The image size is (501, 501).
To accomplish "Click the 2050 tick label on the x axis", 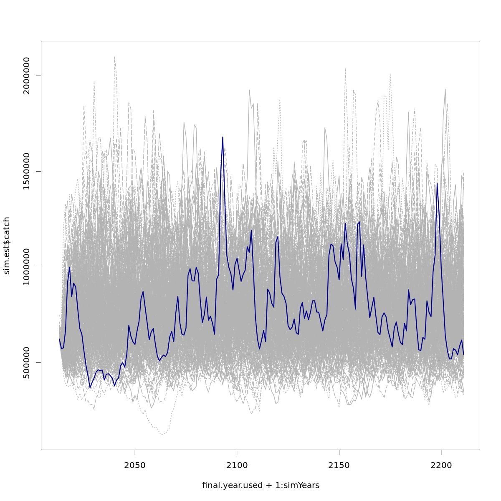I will point(135,465).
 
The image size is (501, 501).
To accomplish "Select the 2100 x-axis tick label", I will point(237,465).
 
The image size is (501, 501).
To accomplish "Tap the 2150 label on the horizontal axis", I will point(339,465).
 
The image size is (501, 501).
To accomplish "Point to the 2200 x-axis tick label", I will point(441,465).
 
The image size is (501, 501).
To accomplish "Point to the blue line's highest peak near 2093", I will point(223,137).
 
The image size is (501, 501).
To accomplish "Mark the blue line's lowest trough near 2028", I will point(90,387).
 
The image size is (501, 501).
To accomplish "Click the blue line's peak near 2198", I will point(437,184).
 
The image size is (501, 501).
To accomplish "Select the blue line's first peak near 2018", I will point(70,267).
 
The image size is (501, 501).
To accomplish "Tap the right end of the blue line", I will point(463,354).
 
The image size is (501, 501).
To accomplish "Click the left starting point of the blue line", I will point(59,339).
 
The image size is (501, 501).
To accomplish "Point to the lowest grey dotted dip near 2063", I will point(162,434).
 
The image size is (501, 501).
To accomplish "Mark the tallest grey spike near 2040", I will point(114,57).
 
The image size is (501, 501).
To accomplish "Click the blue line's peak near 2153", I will point(345,223).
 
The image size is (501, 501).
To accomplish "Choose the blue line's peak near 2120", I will point(278,237).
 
